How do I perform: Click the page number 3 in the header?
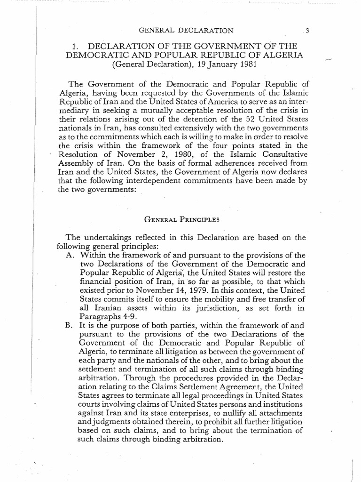tap(306, 32)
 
